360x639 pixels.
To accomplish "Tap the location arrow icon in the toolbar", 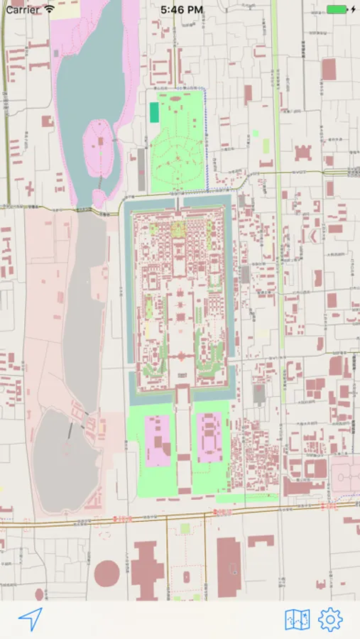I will point(31,619).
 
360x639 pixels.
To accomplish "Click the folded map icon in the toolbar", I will point(297,619).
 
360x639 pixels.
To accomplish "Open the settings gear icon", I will point(330,619).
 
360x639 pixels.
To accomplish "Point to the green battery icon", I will point(337,9).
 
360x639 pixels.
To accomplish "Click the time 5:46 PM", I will point(181,9).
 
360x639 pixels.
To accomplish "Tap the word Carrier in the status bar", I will point(23,9).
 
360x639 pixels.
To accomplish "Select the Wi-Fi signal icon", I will point(49,9).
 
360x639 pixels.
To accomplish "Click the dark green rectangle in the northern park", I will point(154,112).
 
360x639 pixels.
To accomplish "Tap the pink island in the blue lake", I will point(100,142).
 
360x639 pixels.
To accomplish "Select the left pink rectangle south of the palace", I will point(157,439).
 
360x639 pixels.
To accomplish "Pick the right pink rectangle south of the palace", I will point(210,437).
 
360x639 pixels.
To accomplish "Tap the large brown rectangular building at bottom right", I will point(229,568).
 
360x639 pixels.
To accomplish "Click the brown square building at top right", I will point(329,69).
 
